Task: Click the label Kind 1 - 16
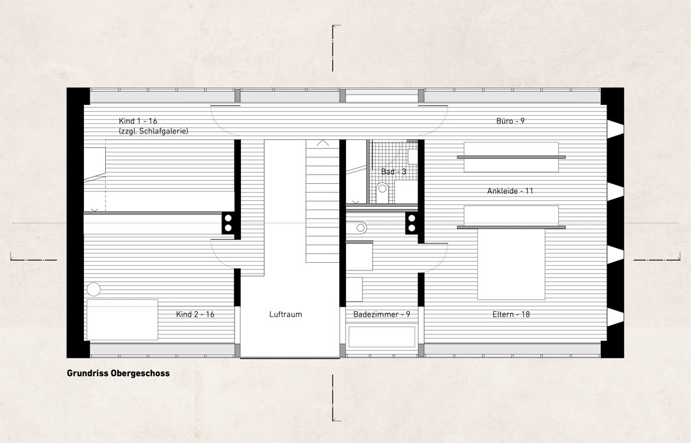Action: (x=138, y=120)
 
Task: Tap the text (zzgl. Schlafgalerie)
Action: (x=154, y=131)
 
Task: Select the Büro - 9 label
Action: (x=510, y=120)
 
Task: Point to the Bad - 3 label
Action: (x=393, y=171)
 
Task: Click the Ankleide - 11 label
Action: (x=510, y=191)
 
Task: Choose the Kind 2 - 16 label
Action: (x=195, y=314)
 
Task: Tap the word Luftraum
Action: (x=286, y=314)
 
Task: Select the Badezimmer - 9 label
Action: (x=382, y=314)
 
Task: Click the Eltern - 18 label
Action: (x=511, y=314)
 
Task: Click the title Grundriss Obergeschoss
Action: (x=118, y=373)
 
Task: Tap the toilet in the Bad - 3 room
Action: (x=382, y=190)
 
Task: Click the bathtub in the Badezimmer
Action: (x=382, y=337)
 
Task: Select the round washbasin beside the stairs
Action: (x=361, y=228)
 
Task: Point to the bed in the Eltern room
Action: (x=511, y=263)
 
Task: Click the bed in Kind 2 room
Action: (x=122, y=320)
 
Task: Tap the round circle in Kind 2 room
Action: (x=93, y=289)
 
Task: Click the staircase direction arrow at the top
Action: (x=322, y=143)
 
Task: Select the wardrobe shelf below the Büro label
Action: (x=511, y=157)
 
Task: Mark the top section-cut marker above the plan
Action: (x=336, y=48)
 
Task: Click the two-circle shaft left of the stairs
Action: (x=228, y=223)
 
